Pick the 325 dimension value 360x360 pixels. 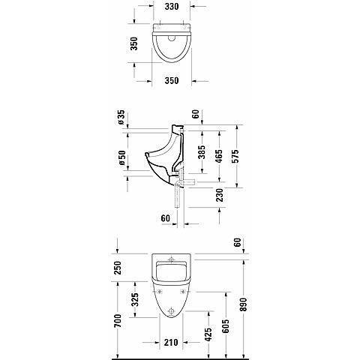(135, 303)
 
